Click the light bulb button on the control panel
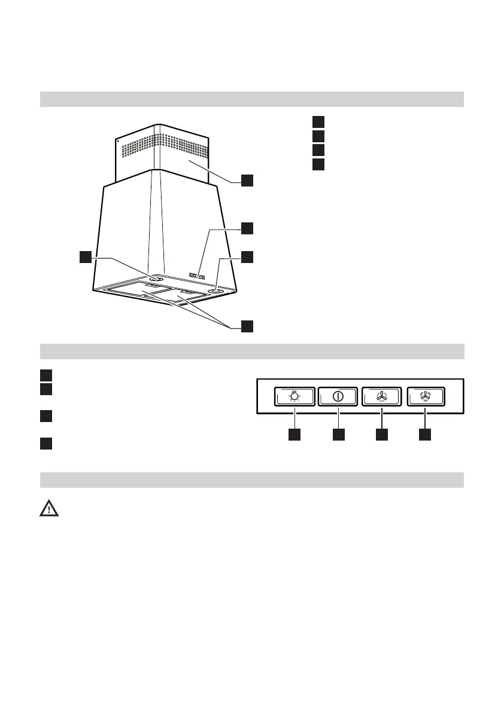tap(294, 396)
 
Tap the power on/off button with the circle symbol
tap(338, 396)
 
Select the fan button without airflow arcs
tap(382, 396)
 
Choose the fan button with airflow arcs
tap(425, 396)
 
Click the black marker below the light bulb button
tap(294, 435)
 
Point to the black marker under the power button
tap(338, 435)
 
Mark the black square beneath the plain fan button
tap(382, 435)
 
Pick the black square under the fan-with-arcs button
tap(425, 435)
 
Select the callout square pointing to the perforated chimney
tap(247, 180)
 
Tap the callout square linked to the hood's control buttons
tap(247, 228)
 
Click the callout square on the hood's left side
tap(86, 257)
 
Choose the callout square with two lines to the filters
tap(247, 326)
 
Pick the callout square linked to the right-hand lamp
tap(247, 257)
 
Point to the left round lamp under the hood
tap(156, 278)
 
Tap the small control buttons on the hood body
tap(197, 276)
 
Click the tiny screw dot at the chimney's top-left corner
tap(119, 142)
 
